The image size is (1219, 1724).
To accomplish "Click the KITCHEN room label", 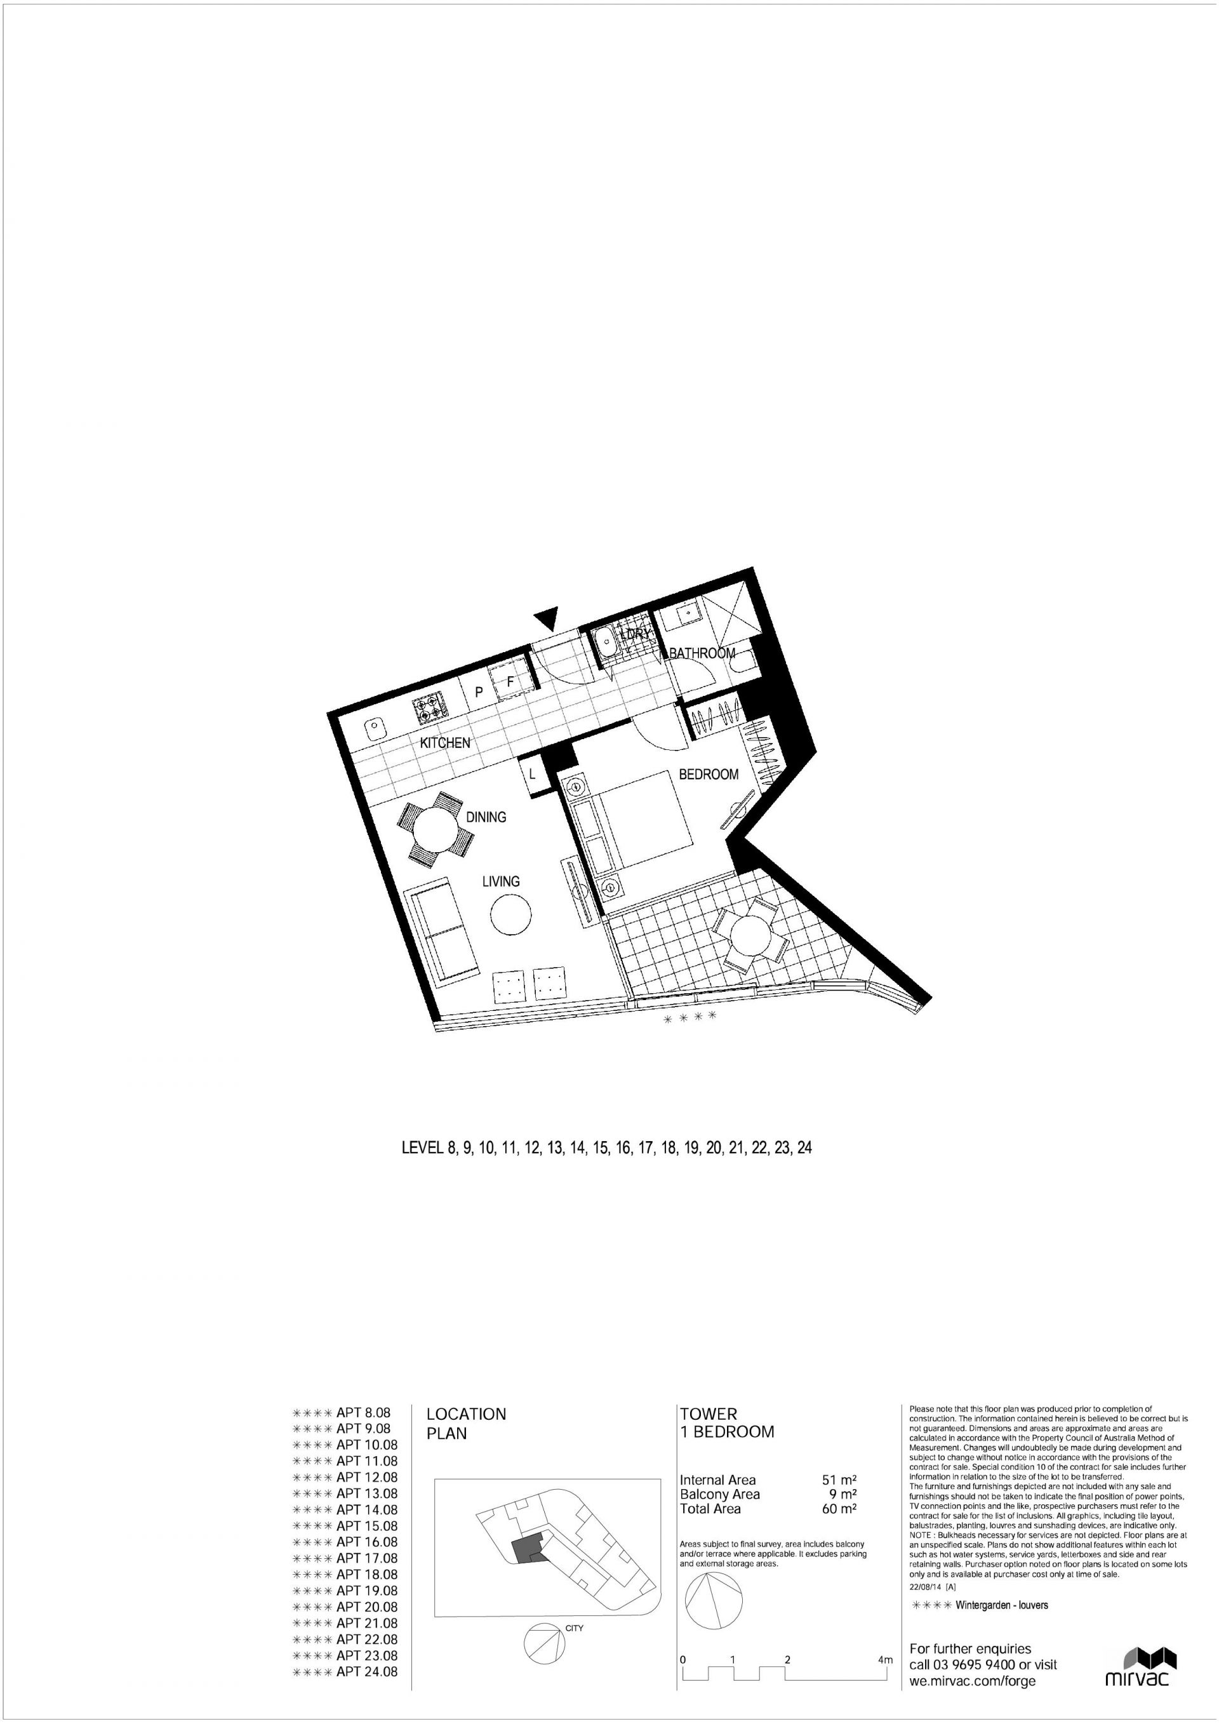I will coord(444,742).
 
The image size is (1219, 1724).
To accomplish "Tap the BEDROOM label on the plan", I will coord(708,774).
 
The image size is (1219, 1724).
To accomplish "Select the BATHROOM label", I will coord(702,653).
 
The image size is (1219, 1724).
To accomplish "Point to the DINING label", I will coord(486,817).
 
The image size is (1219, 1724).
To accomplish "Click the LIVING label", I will coord(501,881).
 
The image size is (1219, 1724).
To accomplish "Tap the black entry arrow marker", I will coord(547,617).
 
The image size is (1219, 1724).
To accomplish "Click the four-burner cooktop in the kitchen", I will coord(430,707).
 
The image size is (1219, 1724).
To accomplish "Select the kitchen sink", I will coord(374,728).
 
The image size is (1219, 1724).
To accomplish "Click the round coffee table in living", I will coord(511,914).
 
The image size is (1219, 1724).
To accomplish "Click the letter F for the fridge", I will coord(510,683).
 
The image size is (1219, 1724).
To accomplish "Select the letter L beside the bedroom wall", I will coord(532,773).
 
